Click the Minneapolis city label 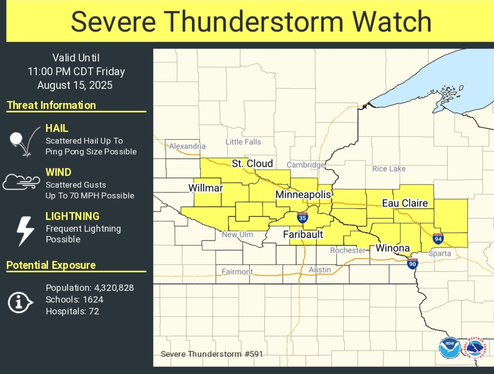click(303, 195)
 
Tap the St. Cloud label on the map click(252, 164)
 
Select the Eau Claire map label click(405, 203)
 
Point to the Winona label click(392, 248)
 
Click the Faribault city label click(303, 234)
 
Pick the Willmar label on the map click(206, 188)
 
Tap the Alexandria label click(188, 146)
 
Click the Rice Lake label click(389, 168)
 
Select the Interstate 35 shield click(303, 218)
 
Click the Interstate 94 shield click(438, 239)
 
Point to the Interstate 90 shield click(413, 263)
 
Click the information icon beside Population click(20, 303)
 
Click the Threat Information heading click(51, 105)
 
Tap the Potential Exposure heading click(51, 265)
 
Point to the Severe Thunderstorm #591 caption click(211, 354)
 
